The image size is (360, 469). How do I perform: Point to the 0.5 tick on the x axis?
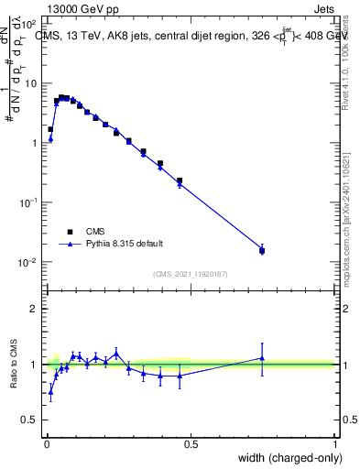click(191, 444)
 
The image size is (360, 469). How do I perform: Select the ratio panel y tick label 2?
click(33, 309)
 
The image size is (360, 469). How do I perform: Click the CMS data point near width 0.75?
click(262, 250)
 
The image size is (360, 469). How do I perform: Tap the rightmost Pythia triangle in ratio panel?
click(262, 358)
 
